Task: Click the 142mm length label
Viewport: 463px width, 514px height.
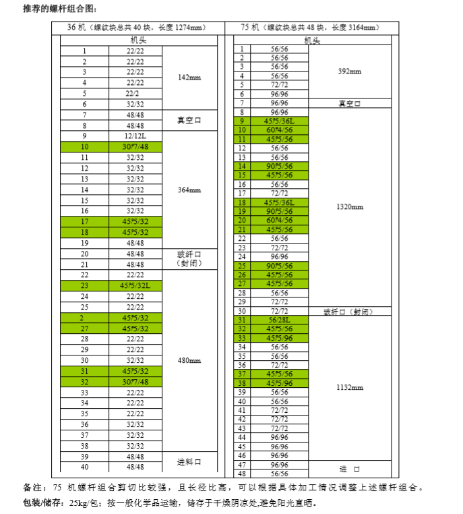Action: (x=189, y=78)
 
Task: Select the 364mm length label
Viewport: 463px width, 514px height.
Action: (x=189, y=190)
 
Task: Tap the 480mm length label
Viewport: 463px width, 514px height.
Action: (x=189, y=360)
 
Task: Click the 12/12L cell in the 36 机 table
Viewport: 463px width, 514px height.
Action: (x=135, y=136)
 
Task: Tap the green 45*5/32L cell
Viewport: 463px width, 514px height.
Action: (x=135, y=285)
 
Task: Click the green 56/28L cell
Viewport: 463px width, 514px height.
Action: (x=279, y=320)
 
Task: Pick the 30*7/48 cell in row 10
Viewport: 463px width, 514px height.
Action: (x=135, y=147)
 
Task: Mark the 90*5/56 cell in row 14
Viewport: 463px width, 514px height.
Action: (x=279, y=166)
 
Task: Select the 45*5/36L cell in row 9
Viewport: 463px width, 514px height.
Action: (x=279, y=121)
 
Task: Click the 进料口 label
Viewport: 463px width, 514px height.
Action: (x=189, y=461)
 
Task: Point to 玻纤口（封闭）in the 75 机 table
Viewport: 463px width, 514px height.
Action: (x=348, y=312)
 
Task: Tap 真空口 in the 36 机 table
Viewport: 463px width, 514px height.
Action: (x=189, y=120)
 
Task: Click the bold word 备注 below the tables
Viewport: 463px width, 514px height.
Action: (x=32, y=486)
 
